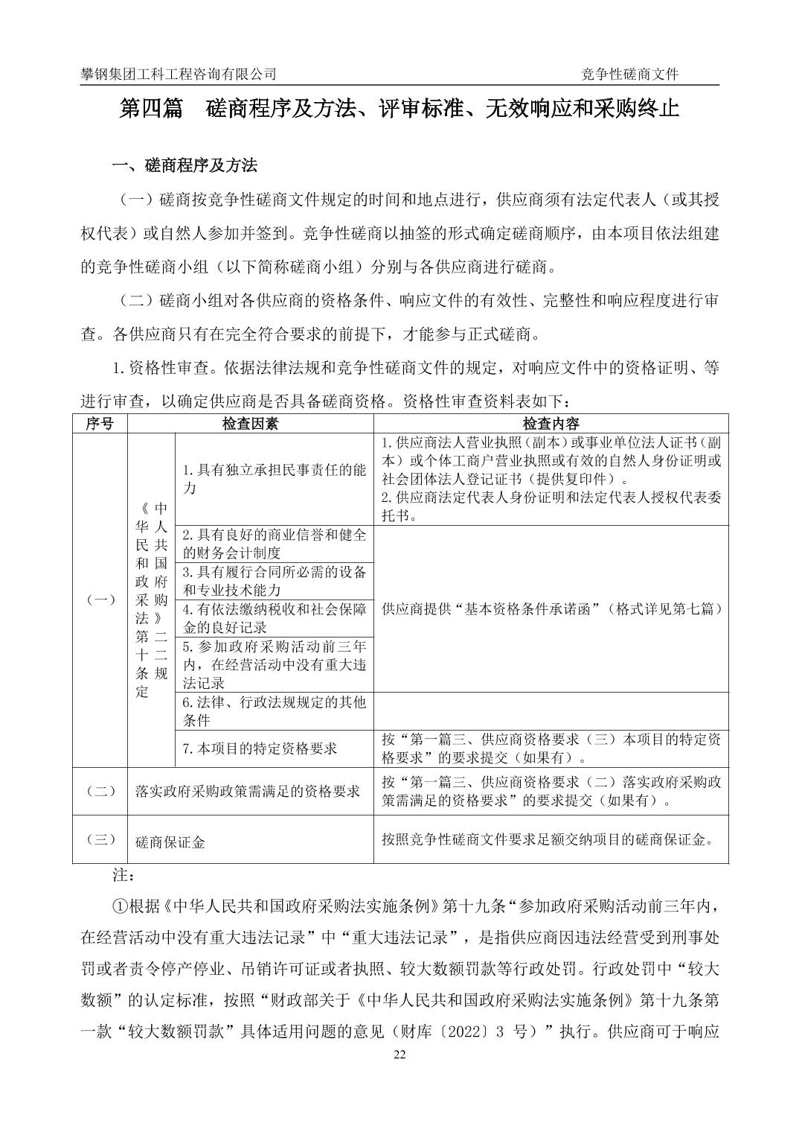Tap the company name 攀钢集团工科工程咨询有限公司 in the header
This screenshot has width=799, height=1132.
179,74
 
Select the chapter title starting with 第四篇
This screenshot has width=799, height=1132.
399,109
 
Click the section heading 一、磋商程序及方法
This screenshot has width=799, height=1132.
184,165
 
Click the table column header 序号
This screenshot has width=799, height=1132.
100,424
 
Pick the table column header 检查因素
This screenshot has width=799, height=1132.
251,424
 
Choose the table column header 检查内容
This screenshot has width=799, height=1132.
551,424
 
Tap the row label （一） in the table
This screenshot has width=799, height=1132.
100,600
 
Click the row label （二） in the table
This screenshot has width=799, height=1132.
100,791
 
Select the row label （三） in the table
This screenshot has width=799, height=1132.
100,839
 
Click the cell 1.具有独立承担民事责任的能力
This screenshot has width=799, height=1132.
274,479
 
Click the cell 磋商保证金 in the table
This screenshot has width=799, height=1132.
170,842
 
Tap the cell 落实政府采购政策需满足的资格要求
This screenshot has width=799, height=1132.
248,791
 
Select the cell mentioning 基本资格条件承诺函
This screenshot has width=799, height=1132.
551,608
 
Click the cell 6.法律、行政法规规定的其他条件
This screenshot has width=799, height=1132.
274,710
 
